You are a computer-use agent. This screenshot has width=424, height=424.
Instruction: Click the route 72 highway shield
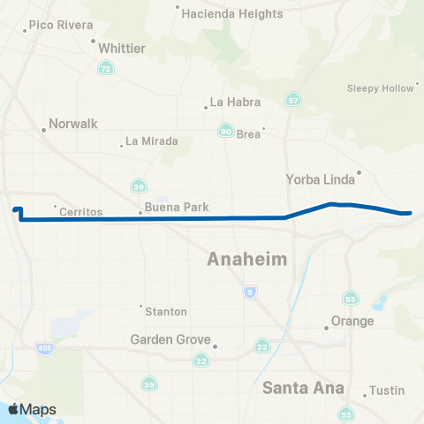pos(106,68)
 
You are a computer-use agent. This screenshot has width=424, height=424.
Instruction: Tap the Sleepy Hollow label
pos(380,88)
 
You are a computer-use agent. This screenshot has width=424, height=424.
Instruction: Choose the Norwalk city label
pos(72,125)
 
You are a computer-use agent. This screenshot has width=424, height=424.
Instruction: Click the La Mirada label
pos(152,140)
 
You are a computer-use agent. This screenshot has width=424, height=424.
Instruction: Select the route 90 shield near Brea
pos(226,131)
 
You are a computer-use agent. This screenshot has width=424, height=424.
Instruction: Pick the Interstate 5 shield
pos(251,291)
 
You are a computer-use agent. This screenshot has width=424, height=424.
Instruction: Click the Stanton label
pos(166,311)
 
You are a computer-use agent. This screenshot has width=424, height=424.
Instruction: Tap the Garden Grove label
pos(170,339)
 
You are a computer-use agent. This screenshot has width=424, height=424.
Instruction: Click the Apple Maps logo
pos(33,409)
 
